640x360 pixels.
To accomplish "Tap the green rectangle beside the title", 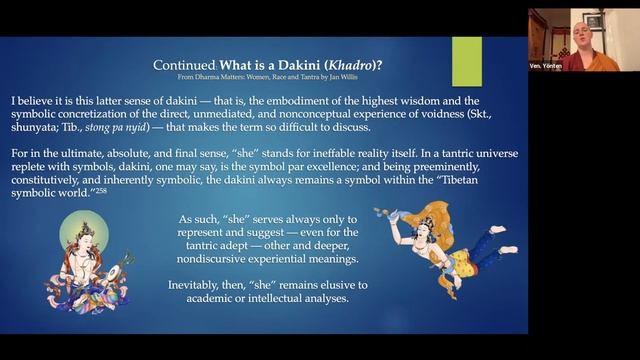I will click(x=466, y=61).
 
